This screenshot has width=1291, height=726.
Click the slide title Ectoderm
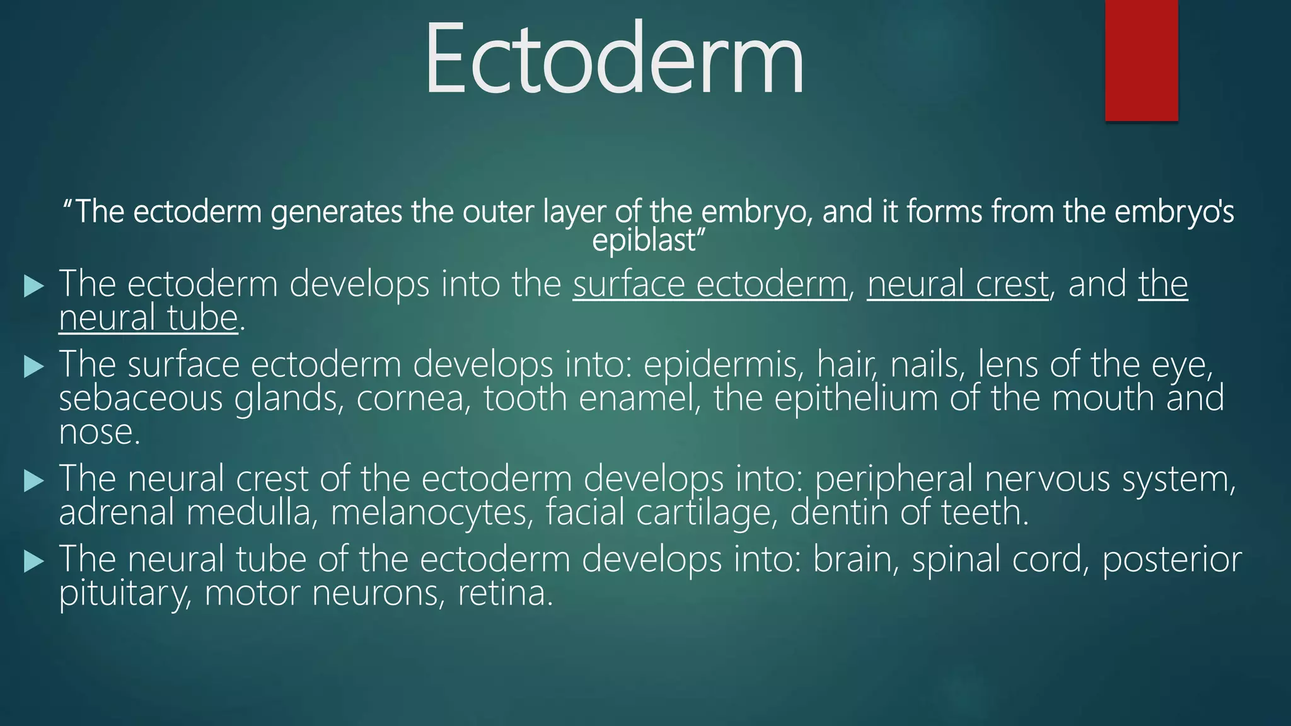tap(614, 59)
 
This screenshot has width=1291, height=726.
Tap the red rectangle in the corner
tap(1141, 60)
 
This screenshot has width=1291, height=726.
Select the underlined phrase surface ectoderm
tap(710, 284)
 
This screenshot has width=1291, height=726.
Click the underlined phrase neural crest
tap(958, 284)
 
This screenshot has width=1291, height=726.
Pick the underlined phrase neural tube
tap(148, 318)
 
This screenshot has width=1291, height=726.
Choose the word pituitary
tap(125, 594)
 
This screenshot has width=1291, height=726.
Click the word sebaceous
tap(141, 399)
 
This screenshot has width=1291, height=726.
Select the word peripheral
tap(894, 479)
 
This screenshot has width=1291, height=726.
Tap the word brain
tap(855, 560)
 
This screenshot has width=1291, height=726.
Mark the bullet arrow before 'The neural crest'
tap(33, 481)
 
